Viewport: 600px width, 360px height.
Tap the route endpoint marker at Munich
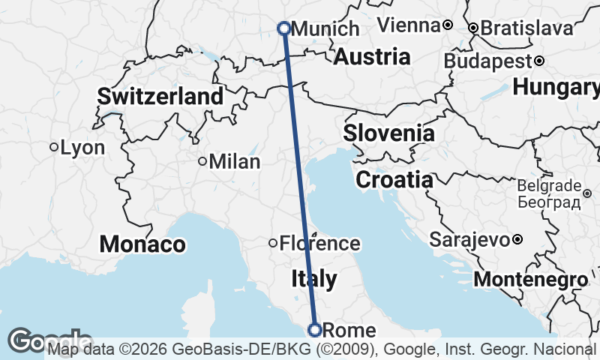click(x=284, y=28)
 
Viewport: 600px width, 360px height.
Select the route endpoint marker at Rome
click(x=315, y=329)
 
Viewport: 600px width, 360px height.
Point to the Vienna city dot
click(x=448, y=25)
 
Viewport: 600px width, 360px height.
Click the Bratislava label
click(x=526, y=28)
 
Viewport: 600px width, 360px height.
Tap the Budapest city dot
click(x=539, y=60)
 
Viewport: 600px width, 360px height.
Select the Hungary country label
click(x=556, y=87)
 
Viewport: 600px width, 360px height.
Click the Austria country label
click(x=372, y=56)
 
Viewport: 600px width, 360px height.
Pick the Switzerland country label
click(x=160, y=96)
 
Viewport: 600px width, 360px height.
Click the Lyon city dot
click(x=54, y=147)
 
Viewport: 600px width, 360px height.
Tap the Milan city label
click(x=235, y=161)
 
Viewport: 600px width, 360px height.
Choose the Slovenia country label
click(x=388, y=133)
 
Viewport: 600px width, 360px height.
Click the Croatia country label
click(x=394, y=180)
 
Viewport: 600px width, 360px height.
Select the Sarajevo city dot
click(x=517, y=240)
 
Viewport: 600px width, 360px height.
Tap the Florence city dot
click(x=273, y=242)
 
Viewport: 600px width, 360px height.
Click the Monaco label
click(x=142, y=244)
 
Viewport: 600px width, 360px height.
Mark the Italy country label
click(x=313, y=279)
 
